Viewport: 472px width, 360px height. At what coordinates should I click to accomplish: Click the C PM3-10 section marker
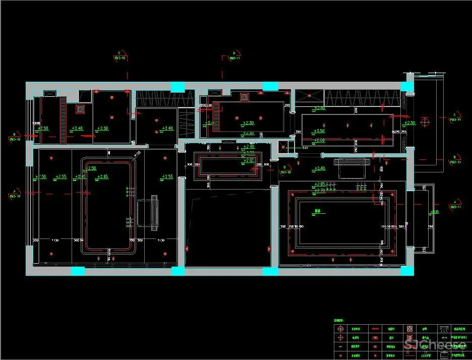(x=120, y=55)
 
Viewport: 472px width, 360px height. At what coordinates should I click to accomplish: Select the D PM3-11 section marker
(x=234, y=55)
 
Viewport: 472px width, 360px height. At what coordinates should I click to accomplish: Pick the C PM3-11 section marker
(x=455, y=117)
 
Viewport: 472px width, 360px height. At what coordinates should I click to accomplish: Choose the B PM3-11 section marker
(x=455, y=160)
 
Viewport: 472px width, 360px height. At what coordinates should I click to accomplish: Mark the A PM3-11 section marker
(x=455, y=204)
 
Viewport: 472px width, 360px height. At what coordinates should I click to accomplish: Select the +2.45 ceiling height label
(x=80, y=177)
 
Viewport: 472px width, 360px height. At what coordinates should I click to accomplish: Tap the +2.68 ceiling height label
(x=319, y=140)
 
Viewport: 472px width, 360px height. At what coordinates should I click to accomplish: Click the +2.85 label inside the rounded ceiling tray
(x=102, y=177)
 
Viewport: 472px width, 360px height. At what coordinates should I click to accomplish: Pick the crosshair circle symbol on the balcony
(x=425, y=122)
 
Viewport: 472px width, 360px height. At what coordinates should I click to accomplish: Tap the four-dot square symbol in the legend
(x=410, y=329)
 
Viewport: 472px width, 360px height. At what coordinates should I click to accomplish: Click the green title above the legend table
(x=341, y=320)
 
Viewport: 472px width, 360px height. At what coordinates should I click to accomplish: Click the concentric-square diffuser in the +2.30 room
(x=245, y=96)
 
